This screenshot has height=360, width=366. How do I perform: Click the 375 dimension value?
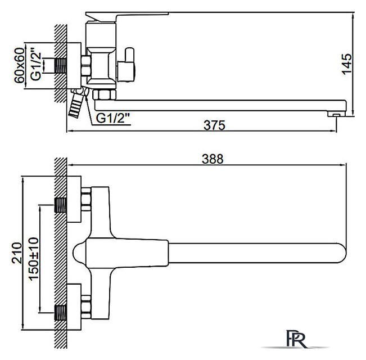coord(215,125)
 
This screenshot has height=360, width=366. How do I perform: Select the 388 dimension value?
coord(213,159)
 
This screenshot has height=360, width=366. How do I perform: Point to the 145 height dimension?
coord(347,64)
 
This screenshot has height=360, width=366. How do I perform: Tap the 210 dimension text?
coord(17,253)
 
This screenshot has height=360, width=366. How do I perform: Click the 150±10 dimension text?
coord(34,259)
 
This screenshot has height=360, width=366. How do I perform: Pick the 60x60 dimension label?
coord(19,65)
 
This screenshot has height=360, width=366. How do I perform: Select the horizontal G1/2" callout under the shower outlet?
coord(113,118)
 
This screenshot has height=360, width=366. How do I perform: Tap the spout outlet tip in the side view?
coord(336,114)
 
